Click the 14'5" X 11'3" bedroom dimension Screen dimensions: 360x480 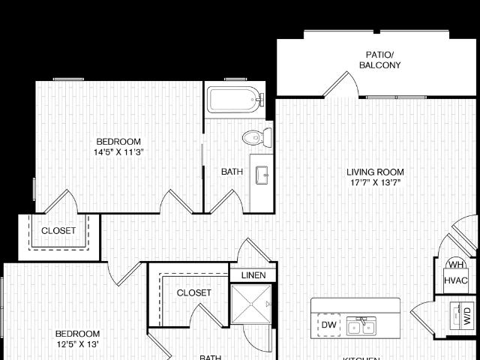(118, 152)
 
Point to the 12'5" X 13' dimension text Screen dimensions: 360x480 (77, 344)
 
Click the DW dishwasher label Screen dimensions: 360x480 (328, 325)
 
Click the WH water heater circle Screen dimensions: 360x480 (456, 265)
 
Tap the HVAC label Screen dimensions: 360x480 (456, 280)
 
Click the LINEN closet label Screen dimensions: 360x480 (253, 276)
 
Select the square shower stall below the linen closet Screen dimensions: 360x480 (250, 305)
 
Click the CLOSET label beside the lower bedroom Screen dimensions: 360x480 (193, 292)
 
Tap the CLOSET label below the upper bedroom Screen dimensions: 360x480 (58, 231)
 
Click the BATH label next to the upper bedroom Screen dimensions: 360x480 (232, 172)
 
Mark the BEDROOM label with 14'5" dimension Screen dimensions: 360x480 (118, 141)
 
